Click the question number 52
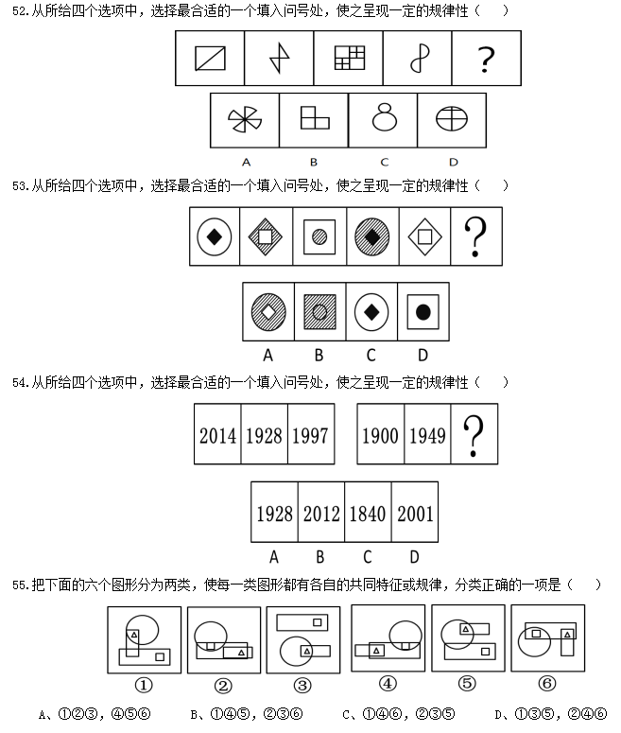coord(13,11)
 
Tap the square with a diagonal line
coord(210,60)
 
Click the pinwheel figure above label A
coord(246,120)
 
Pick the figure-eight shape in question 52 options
coord(384,119)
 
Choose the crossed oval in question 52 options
coord(452,119)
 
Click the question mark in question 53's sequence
coord(476,237)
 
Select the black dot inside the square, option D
coord(423,310)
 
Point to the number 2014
coord(218,435)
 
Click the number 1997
coord(311,435)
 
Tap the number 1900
coord(381,435)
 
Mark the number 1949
coord(427,435)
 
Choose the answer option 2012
coord(321,513)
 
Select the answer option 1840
coord(368,513)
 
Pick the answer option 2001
coord(415,513)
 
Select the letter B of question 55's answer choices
coord(193,713)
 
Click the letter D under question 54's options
coord(414,557)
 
